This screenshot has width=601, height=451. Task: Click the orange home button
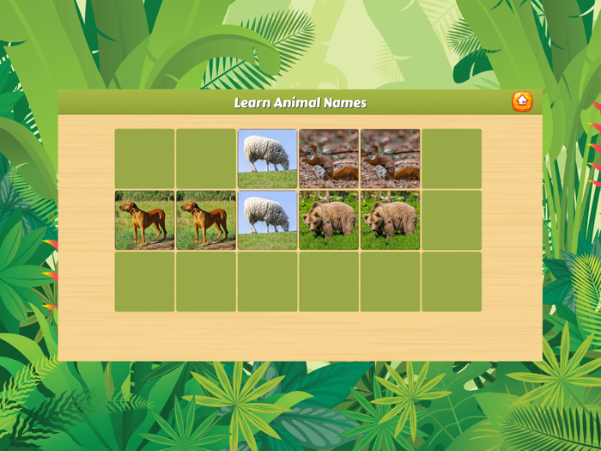pos(522,101)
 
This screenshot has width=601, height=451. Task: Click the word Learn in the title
pos(253,103)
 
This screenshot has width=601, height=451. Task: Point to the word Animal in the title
pos(300,103)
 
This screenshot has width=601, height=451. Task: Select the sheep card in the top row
pos(267,159)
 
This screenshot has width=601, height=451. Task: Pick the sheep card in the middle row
pos(267,221)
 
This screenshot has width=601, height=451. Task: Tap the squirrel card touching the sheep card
pos(329,159)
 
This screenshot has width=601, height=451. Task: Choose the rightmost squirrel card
pos(390,159)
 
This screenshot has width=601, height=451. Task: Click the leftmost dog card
pos(144,221)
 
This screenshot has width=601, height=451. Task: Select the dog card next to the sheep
pos(206,221)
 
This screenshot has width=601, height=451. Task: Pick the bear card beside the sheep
pos(329,221)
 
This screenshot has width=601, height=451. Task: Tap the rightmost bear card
pos(390,221)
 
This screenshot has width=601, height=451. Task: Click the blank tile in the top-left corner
pos(144,159)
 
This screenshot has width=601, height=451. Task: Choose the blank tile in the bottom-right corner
pos(452,282)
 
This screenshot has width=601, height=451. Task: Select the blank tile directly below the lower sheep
pos(267,282)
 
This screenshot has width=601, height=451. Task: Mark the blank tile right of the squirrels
pos(452,159)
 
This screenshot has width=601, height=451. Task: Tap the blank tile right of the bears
pos(452,221)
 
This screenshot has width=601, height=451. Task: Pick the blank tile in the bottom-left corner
pos(144,282)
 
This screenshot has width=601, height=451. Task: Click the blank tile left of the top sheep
pos(206,159)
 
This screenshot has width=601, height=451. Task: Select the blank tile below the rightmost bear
pos(390,282)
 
